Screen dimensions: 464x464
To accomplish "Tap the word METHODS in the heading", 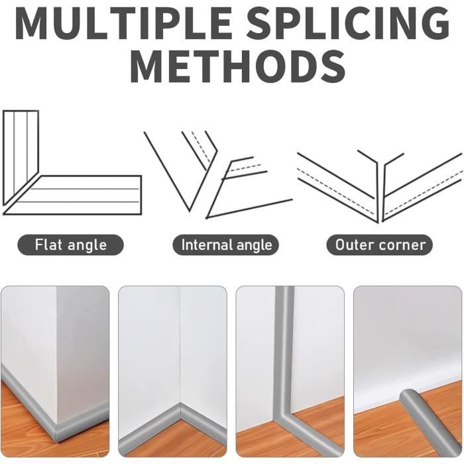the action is click(x=237, y=67).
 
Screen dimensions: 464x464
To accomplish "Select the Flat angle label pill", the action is click(x=70, y=245).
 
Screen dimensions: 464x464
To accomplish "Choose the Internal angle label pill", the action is click(x=226, y=245).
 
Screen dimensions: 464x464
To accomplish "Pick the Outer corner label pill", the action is click(x=380, y=245).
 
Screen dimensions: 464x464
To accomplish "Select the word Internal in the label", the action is click(x=203, y=245).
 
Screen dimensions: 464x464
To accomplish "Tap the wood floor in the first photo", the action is click(x=24, y=423).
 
